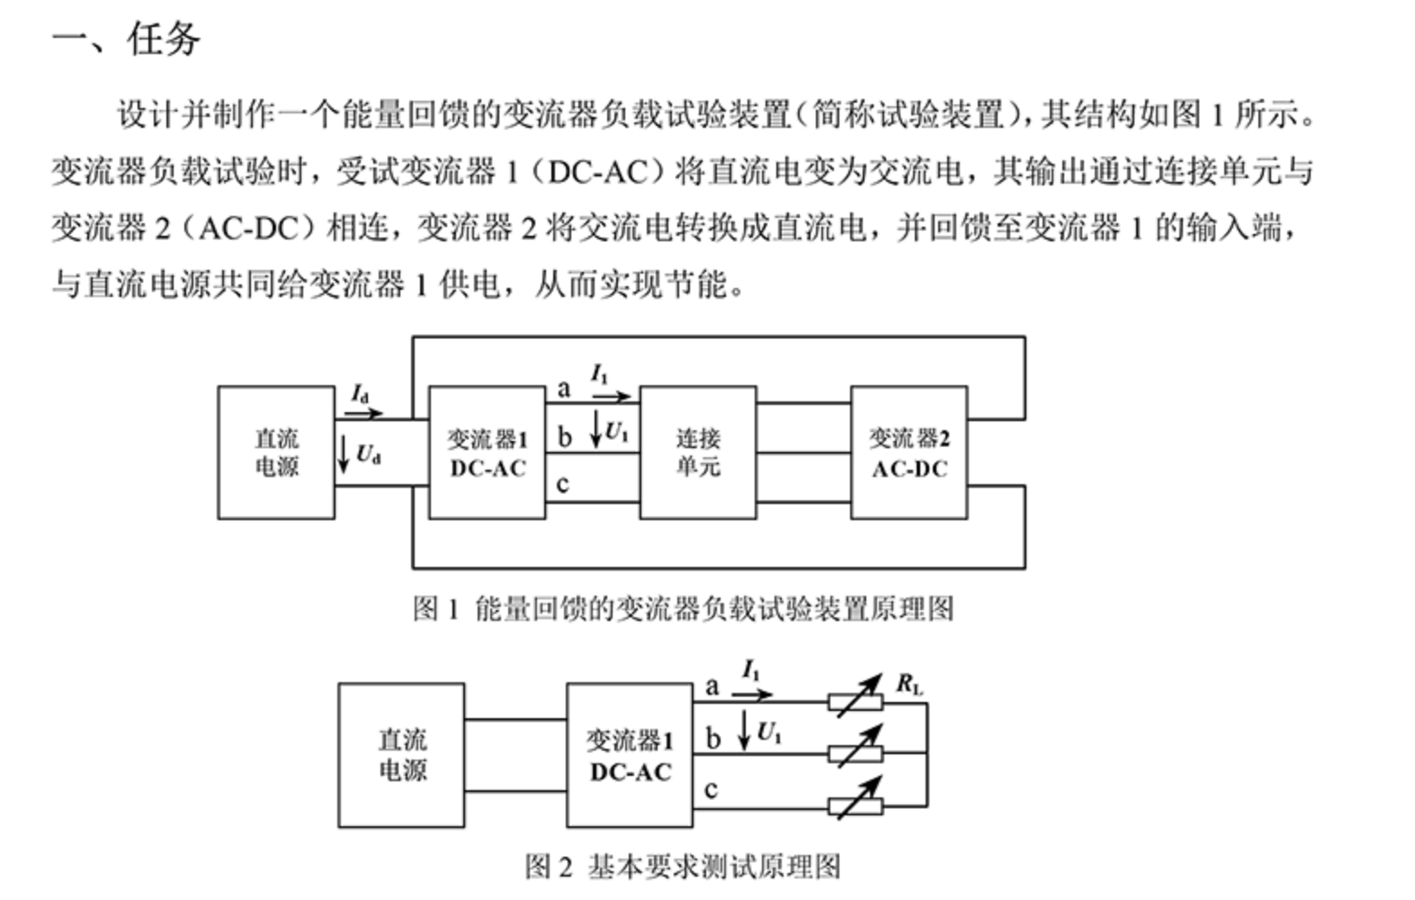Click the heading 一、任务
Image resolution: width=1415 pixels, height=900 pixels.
pyautogui.click(x=126, y=40)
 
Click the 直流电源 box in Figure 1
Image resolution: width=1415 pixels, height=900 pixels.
pyautogui.click(x=276, y=453)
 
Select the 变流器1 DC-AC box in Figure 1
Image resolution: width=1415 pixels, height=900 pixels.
pyautogui.click(x=487, y=453)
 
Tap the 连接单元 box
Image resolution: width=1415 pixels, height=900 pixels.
pyautogui.click(x=698, y=453)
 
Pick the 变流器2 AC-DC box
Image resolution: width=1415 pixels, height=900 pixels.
pyautogui.click(x=909, y=453)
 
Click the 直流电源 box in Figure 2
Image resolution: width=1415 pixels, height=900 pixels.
pyautogui.click(x=401, y=755)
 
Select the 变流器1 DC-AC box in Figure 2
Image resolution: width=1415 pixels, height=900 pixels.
pyautogui.click(x=630, y=755)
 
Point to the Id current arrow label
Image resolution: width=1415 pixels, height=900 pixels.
pyautogui.click(x=360, y=394)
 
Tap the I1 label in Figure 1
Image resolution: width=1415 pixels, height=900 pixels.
pyautogui.click(x=600, y=373)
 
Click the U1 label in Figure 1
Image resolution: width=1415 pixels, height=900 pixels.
pyautogui.click(x=616, y=432)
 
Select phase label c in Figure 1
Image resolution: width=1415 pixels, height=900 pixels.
pyautogui.click(x=562, y=485)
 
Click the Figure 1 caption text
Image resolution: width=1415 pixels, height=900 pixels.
pyautogui.click(x=683, y=609)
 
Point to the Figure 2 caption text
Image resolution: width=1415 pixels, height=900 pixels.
pyautogui.click(x=683, y=867)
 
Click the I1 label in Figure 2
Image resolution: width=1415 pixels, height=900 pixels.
pyautogui.click(x=751, y=670)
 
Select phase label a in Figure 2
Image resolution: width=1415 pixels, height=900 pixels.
pyautogui.click(x=712, y=688)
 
